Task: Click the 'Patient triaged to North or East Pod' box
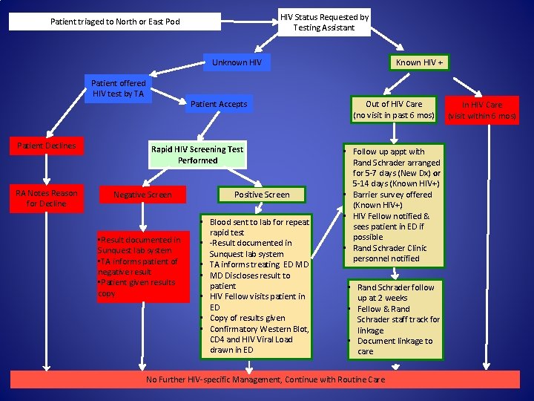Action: point(115,22)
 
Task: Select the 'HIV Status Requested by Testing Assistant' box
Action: point(323,22)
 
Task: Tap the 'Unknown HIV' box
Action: point(237,62)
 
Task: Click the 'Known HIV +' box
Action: point(420,62)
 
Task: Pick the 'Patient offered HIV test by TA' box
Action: point(118,88)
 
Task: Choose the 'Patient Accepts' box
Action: point(219,104)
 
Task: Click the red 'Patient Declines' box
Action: point(47,146)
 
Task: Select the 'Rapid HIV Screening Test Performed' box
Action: point(197,154)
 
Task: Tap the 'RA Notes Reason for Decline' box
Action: point(47,198)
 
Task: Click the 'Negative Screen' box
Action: point(142,195)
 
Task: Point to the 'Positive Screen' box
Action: point(262,195)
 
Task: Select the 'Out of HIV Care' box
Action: point(394,110)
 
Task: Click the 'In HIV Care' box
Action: point(482,110)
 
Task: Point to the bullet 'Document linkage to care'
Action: point(394,346)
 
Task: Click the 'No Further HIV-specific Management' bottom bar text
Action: point(266,379)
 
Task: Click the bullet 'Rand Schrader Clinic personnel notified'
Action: point(389,253)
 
